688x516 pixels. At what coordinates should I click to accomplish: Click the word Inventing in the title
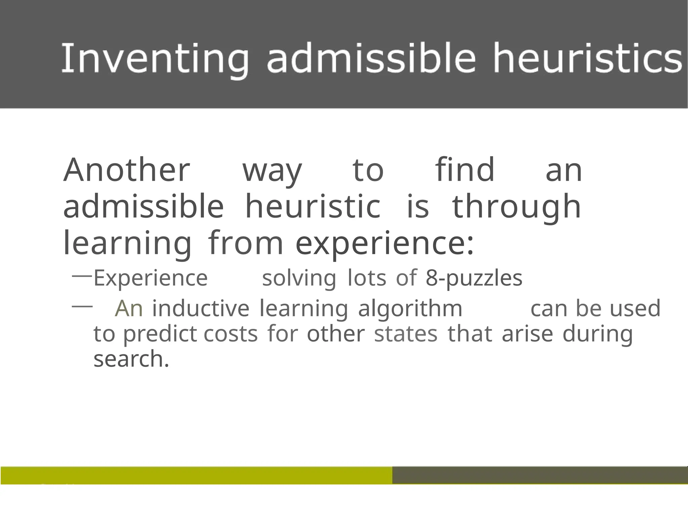(155, 59)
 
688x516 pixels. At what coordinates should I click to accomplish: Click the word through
(516, 207)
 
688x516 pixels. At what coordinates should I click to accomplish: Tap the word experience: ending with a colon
(385, 244)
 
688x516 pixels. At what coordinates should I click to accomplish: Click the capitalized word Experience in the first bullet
(150, 278)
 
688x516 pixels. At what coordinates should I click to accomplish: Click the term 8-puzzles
(474, 278)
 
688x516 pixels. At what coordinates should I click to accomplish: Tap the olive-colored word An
(129, 308)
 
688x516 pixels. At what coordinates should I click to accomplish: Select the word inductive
(201, 308)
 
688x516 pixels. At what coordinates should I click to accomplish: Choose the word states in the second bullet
(406, 334)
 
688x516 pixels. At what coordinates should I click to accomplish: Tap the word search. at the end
(131, 359)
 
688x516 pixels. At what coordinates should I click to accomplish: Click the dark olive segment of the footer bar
(540, 475)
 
